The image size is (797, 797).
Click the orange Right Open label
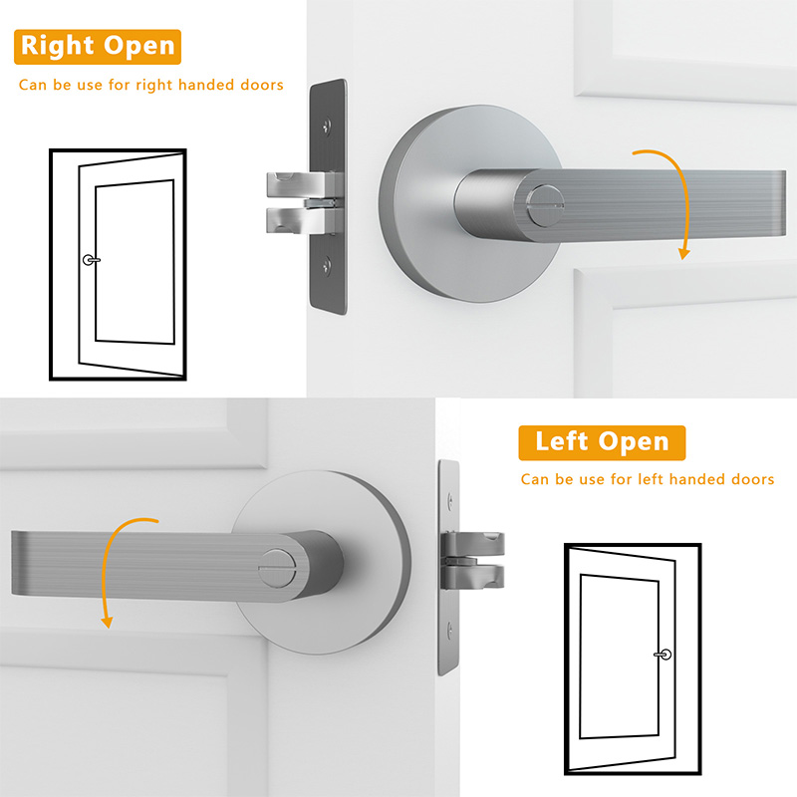[x=98, y=47]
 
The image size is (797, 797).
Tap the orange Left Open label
[x=602, y=442]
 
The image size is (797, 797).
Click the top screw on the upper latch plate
[x=327, y=126]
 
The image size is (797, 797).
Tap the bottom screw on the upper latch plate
[x=327, y=265]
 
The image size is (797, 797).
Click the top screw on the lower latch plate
[x=449, y=501]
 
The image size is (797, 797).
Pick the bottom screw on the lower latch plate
[x=449, y=631]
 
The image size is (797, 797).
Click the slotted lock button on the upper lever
[x=546, y=205]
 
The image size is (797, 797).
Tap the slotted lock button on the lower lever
[x=278, y=568]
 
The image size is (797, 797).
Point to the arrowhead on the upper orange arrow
[x=684, y=253]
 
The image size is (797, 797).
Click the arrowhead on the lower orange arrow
[x=107, y=622]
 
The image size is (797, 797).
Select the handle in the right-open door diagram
[x=92, y=260]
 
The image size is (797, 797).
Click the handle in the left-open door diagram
[x=663, y=655]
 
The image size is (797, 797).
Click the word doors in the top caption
[x=262, y=85]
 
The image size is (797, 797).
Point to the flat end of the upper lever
[x=782, y=203]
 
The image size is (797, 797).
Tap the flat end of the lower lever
[x=17, y=563]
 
